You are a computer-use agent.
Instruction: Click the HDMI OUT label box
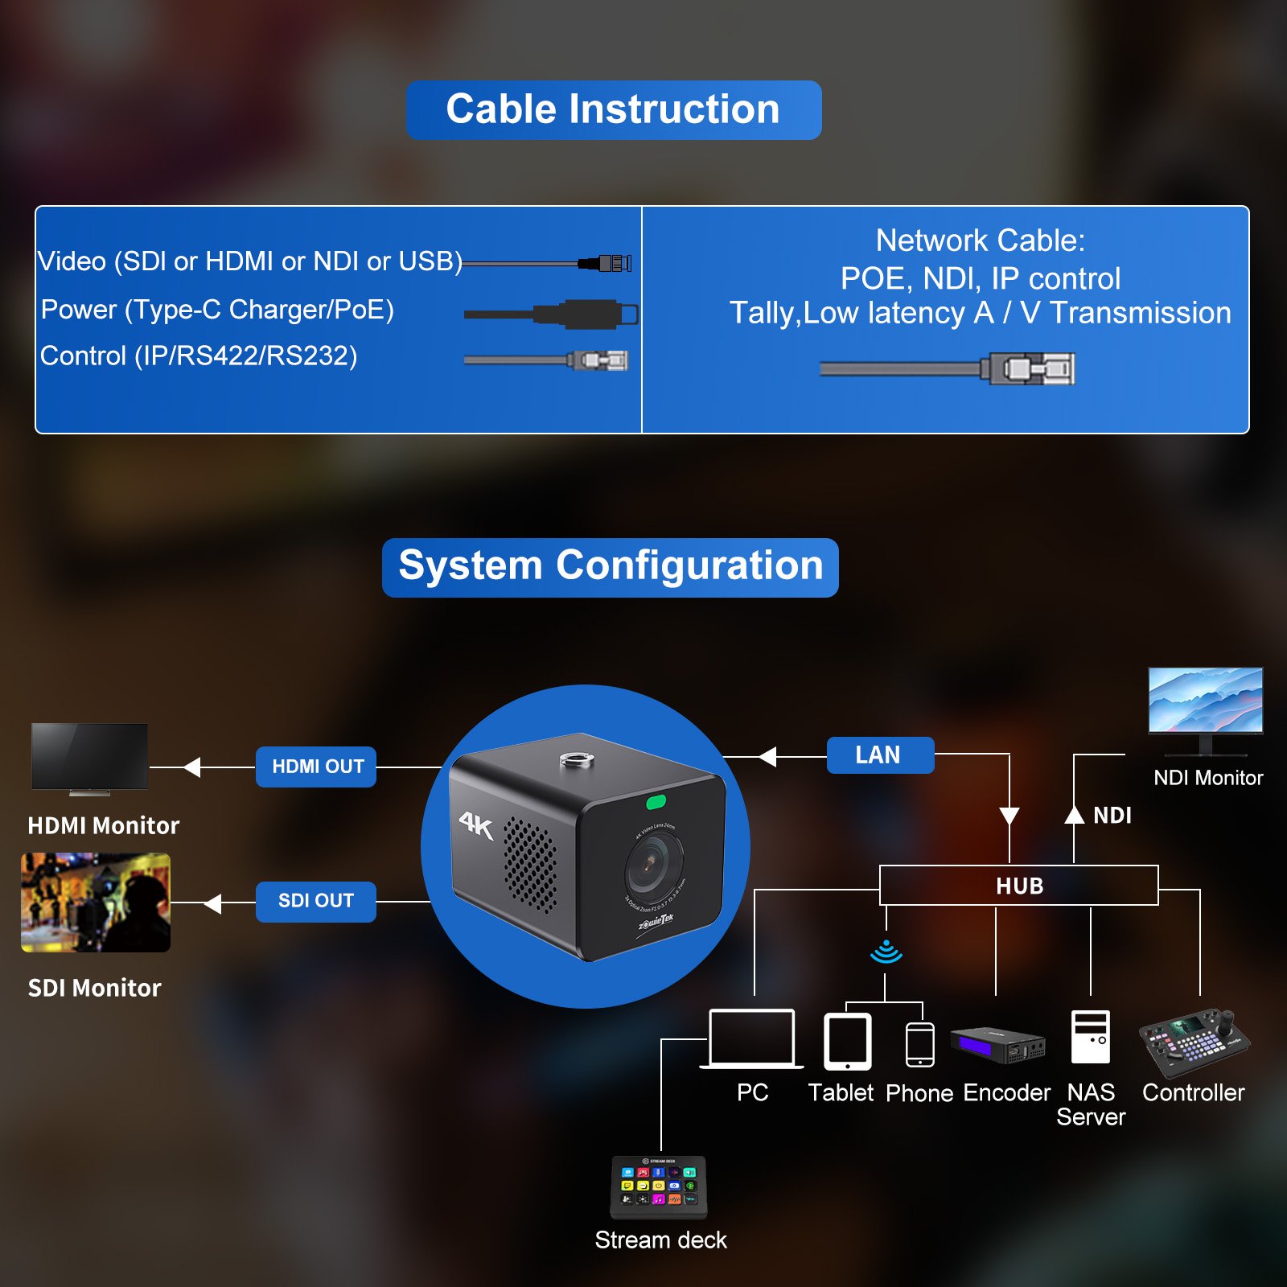(316, 767)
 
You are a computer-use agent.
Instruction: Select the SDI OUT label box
(316, 901)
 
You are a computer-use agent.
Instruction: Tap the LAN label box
(880, 755)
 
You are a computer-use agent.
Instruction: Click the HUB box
(1018, 886)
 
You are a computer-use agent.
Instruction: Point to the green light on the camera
(656, 802)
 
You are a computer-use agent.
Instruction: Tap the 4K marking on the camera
(475, 824)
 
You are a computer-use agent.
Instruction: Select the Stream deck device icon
(659, 1186)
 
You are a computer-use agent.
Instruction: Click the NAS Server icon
(1091, 1038)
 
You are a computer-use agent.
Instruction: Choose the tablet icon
(847, 1042)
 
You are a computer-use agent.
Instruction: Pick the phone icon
(919, 1045)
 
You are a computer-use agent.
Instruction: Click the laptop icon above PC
(751, 1038)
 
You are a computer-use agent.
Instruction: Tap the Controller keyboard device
(1194, 1042)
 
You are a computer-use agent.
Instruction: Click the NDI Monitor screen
(1205, 700)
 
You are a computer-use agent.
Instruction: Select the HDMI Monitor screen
(89, 756)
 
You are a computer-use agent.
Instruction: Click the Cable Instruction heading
(614, 110)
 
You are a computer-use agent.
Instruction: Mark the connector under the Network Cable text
(1031, 369)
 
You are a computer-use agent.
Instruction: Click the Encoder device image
(997, 1044)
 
